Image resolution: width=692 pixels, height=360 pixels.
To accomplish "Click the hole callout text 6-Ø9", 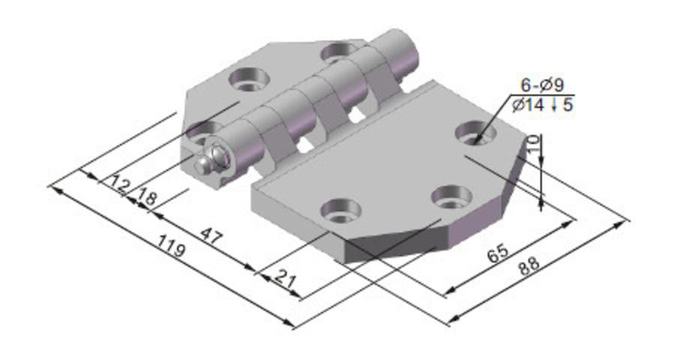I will [541, 84].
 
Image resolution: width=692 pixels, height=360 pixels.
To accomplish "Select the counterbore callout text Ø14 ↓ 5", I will [542, 105].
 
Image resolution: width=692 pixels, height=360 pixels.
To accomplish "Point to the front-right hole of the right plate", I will [451, 196].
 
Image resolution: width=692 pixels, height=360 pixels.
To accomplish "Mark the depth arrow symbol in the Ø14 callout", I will [554, 106].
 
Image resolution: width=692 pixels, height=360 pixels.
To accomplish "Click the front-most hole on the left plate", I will [200, 131].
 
